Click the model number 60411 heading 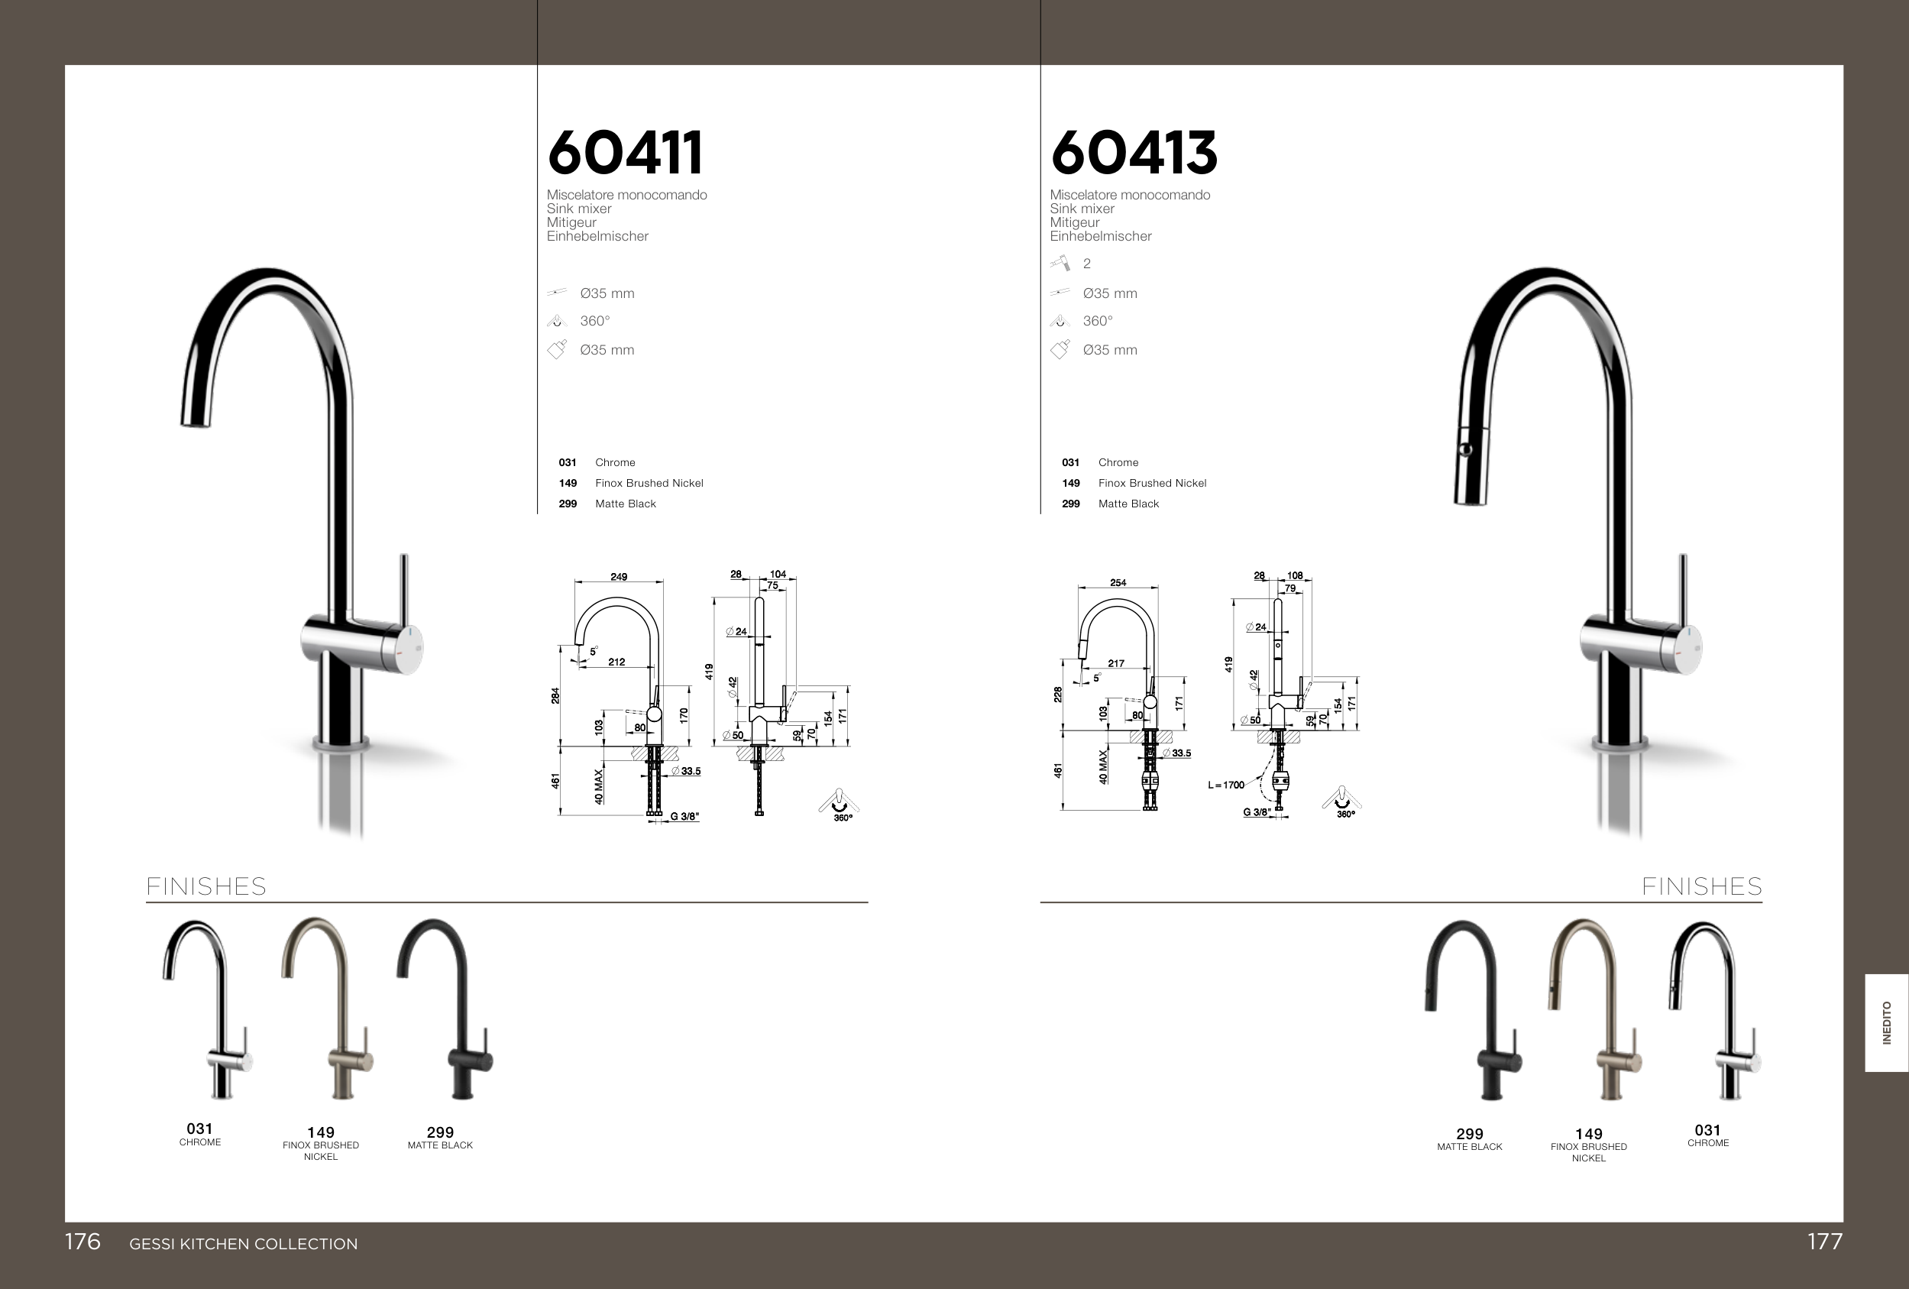[625, 153]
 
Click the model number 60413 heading [1134, 153]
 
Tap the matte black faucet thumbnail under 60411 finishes [445, 1009]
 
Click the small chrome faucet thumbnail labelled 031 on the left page [207, 1009]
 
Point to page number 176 [83, 1242]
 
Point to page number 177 [1824, 1242]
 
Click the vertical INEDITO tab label [1887, 1023]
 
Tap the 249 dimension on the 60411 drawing [619, 577]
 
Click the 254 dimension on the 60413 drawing [1118, 582]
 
